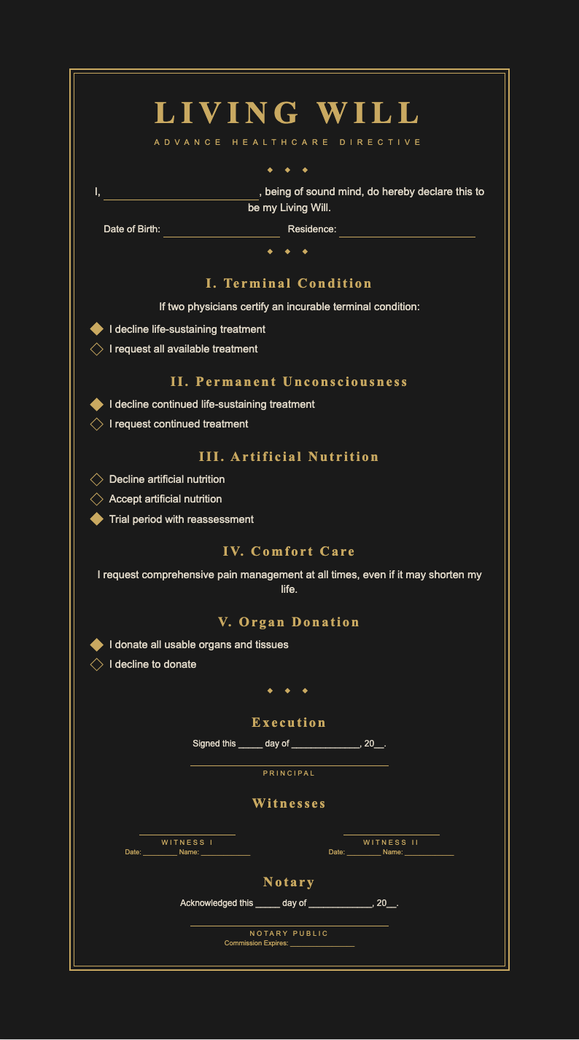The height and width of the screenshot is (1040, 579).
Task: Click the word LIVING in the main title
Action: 227,114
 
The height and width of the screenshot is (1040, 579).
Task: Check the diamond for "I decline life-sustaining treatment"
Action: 96,329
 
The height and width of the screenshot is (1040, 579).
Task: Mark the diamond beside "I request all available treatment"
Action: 96,349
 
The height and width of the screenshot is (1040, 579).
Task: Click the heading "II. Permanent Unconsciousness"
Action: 289,382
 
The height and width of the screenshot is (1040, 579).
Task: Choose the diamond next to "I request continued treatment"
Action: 96,424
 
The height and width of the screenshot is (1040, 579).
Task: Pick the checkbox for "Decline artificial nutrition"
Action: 96,479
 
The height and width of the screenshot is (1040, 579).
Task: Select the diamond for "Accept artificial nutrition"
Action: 96,499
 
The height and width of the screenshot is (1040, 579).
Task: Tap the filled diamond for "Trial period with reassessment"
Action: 96,519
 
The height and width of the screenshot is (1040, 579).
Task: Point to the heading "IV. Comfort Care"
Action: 289,551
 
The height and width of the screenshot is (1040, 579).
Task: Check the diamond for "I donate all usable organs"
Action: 96,645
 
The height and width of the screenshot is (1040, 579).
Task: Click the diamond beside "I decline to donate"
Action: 96,664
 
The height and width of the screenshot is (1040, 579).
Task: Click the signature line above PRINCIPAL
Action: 289,764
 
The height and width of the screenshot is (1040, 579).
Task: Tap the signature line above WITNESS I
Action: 187,833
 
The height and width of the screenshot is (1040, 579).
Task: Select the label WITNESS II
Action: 391,843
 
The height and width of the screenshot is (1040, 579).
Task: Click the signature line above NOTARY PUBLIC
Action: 289,924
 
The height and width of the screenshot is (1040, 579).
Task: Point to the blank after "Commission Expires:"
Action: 322,945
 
